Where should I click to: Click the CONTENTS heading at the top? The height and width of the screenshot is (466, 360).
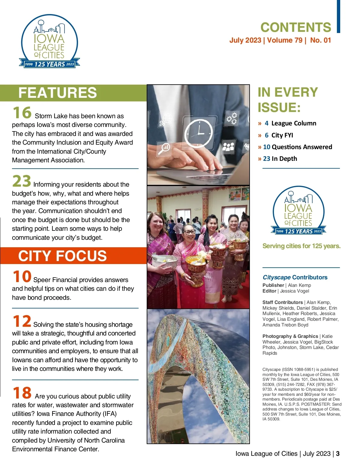295,28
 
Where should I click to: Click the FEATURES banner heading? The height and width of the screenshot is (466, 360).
58,93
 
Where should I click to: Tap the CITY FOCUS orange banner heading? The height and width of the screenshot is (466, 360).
62,256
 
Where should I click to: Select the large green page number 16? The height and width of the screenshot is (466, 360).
22,113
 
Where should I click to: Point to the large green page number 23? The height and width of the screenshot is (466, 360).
22,181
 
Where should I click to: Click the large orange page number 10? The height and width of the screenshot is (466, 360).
22,276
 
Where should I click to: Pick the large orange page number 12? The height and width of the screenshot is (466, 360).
22,321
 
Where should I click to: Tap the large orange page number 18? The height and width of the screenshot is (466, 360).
22,393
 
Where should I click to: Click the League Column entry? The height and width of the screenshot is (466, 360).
293,123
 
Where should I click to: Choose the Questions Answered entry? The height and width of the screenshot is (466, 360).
301,147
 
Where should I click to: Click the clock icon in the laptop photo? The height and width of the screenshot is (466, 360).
199,133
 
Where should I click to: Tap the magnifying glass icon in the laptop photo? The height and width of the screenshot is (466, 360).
164,149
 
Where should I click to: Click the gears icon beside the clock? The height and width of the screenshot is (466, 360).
232,118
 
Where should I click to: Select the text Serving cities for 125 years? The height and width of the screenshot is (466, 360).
301,246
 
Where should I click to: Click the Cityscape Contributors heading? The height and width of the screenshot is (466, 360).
295,277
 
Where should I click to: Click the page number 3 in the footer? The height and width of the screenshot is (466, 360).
338,454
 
